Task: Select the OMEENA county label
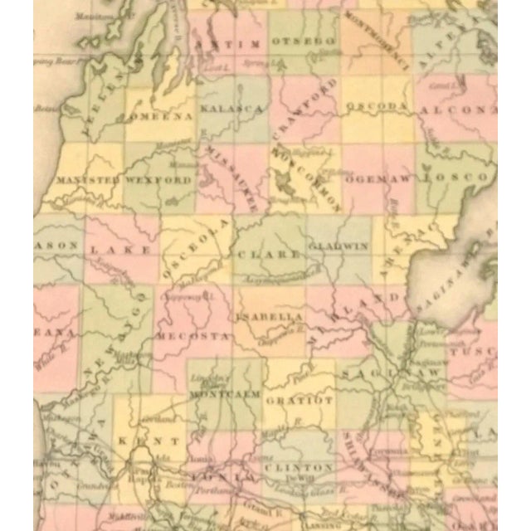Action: click(x=160, y=116)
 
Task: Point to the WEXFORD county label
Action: click(x=158, y=179)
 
